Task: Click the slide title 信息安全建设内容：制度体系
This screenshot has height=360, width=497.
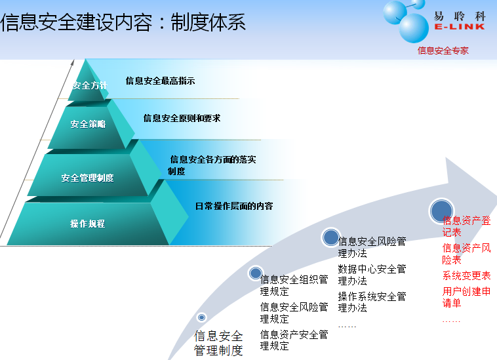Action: click(123, 22)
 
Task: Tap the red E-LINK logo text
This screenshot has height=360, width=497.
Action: click(459, 27)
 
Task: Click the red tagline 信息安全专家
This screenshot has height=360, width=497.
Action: click(443, 50)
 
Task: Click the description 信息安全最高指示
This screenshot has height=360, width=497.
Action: click(160, 81)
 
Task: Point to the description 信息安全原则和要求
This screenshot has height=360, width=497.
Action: click(182, 118)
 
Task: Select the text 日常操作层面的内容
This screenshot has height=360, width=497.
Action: click(234, 206)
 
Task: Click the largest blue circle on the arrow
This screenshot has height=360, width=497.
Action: click(441, 210)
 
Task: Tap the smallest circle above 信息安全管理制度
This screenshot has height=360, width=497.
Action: click(201, 317)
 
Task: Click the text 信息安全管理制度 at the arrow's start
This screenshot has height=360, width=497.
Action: click(218, 343)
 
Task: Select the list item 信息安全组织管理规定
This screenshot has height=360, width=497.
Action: click(294, 285)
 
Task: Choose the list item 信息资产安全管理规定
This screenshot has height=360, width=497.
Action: click(294, 340)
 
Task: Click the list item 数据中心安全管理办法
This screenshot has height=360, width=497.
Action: click(372, 275)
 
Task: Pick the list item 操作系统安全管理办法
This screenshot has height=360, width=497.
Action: click(372, 302)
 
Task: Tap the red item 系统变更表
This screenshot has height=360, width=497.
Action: click(467, 275)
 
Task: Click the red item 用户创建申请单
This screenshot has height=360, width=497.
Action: click(467, 297)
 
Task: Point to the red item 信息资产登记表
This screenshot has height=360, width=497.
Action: click(467, 226)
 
